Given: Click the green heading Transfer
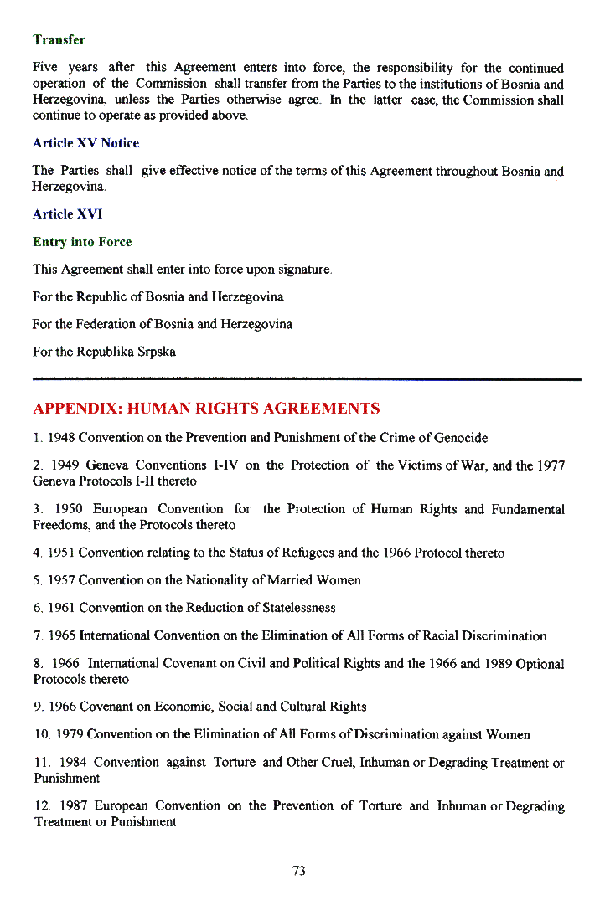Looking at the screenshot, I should [x=59, y=39].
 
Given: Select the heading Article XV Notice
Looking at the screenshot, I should [x=85, y=143].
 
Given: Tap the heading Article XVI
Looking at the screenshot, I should [x=67, y=214].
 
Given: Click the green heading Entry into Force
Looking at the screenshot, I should [x=82, y=242].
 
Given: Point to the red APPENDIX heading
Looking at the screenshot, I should [x=206, y=409].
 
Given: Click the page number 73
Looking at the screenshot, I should [x=299, y=871].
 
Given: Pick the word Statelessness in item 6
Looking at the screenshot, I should [x=294, y=607].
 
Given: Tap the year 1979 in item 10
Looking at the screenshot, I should [x=70, y=734].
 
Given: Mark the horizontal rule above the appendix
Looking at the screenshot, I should [x=307, y=379].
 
